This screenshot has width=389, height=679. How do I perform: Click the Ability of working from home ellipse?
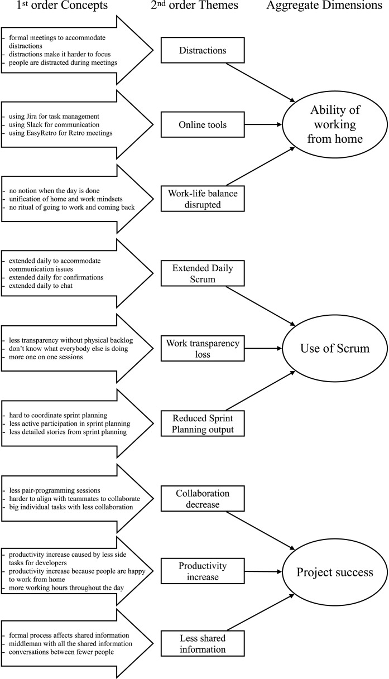[x=334, y=125]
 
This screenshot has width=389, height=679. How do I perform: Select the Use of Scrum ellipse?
[x=334, y=349]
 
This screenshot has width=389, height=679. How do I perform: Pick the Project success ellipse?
[x=334, y=572]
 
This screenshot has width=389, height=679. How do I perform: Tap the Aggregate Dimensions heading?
[x=327, y=7]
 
